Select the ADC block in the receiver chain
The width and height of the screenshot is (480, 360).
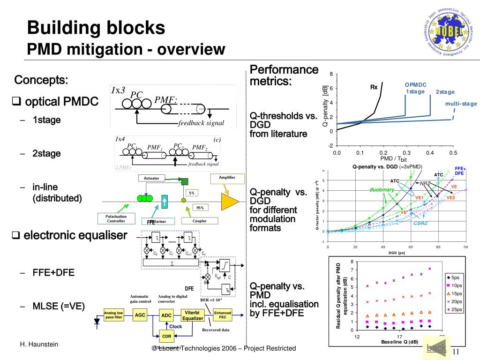[x=166, y=316]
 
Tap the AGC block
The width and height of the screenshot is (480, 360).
[x=140, y=315]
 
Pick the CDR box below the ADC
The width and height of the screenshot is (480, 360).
[x=166, y=336]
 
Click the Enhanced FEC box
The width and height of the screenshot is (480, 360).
[x=223, y=315]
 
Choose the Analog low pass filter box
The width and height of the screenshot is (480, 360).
[x=113, y=315]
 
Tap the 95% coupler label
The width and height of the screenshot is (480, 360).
[x=200, y=208]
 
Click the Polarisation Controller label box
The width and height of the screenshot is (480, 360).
[x=116, y=218]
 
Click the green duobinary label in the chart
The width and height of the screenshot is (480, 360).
[x=382, y=189]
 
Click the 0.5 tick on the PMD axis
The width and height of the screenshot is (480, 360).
[x=452, y=153]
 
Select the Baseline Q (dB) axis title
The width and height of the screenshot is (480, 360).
[x=399, y=342]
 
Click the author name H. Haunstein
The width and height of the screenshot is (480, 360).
[x=39, y=345]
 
